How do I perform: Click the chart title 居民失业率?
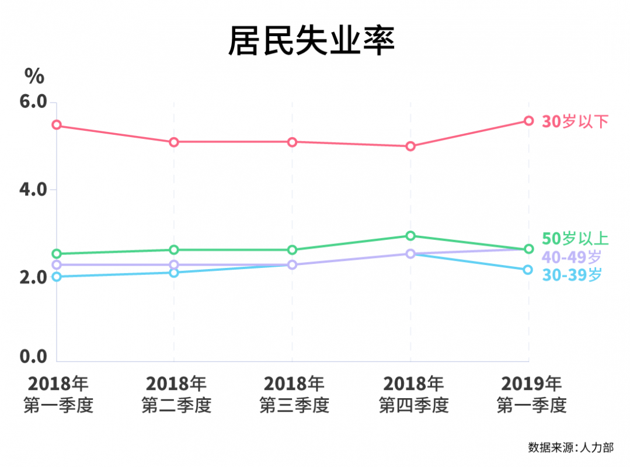tap(311, 41)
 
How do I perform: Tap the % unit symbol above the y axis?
tap(34, 76)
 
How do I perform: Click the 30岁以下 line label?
tap(575, 121)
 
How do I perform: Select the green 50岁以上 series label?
tap(575, 238)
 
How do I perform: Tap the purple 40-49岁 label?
tap(572, 256)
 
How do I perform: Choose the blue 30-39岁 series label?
tap(572, 274)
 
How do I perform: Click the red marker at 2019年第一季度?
tap(528, 121)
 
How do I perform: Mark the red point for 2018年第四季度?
tap(410, 146)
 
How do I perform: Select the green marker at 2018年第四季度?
tap(410, 236)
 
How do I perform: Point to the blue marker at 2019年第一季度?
tap(528, 270)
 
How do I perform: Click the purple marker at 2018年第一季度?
tap(57, 265)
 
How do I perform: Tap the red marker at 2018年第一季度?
tap(57, 125)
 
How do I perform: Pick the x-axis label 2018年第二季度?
tap(176, 394)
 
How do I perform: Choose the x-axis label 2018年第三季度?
tap(294, 394)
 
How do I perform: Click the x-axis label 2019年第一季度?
tap(531, 394)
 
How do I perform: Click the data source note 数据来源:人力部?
tap(570, 448)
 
